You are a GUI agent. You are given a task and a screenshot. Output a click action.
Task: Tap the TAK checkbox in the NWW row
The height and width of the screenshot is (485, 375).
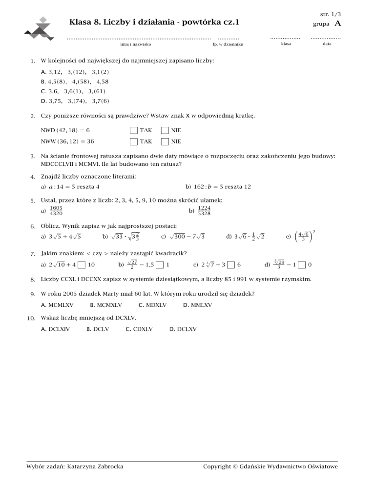[133, 141]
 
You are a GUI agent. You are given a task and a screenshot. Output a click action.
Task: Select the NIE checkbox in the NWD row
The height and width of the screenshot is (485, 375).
[165, 131]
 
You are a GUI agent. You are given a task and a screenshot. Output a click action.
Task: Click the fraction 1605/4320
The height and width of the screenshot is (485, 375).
[56, 210]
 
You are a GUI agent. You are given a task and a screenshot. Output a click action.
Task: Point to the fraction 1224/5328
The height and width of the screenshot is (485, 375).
[204, 210]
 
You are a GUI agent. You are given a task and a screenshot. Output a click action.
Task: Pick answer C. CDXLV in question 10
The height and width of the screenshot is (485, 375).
[139, 329]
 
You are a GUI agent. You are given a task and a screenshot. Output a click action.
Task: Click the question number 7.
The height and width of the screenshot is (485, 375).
[32, 254]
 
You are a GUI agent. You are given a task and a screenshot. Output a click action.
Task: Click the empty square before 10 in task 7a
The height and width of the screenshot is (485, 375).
[81, 265]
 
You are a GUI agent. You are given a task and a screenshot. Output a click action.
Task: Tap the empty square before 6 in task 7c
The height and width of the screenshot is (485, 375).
[231, 265]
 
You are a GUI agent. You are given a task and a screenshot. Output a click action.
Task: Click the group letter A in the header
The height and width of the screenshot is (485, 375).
[337, 23]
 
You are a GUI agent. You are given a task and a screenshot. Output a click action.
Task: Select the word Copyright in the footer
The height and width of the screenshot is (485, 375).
[216, 467]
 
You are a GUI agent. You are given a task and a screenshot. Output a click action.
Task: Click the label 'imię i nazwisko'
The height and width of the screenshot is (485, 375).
[135, 44]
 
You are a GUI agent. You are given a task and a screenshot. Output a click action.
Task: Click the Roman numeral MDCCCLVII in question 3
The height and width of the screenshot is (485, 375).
[58, 164]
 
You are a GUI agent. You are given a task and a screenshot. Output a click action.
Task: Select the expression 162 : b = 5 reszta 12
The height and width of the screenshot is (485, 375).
[218, 187]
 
